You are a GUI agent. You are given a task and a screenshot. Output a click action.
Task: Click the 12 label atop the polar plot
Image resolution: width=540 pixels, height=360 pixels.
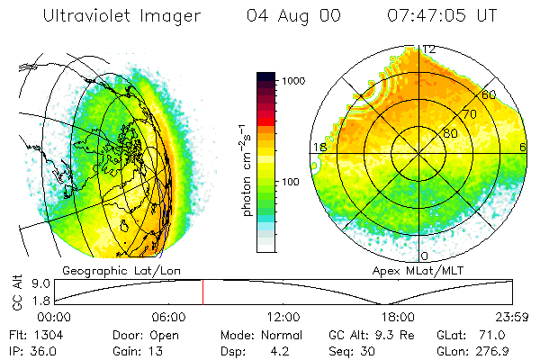(x=429, y=49)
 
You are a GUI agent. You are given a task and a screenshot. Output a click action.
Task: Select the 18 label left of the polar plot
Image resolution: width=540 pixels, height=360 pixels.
(x=319, y=148)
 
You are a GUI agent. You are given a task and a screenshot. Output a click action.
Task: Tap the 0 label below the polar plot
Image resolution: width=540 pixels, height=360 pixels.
(x=425, y=256)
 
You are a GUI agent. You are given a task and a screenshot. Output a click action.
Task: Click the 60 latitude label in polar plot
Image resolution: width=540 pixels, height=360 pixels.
(x=490, y=94)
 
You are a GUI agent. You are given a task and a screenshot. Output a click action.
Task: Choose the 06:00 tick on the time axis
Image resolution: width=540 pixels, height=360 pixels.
(x=168, y=317)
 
